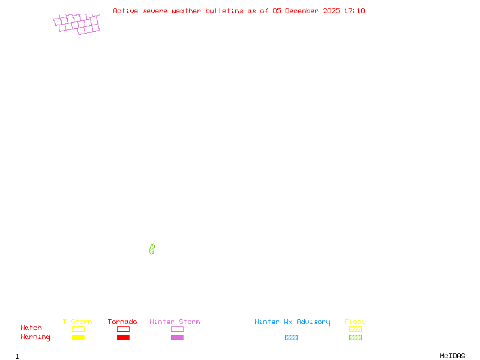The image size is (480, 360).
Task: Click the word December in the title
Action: (304, 11)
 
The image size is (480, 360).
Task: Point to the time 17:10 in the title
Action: (355, 11)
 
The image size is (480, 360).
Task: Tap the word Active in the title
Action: (125, 11)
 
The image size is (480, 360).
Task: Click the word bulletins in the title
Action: (224, 11)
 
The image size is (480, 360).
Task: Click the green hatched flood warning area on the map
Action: (152, 249)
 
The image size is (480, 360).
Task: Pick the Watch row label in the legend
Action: (31, 328)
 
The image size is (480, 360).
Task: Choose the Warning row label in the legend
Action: (35, 337)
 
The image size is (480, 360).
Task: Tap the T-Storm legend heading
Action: (77, 322)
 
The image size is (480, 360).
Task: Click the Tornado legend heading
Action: (122, 322)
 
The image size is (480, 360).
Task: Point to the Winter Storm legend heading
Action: (175, 322)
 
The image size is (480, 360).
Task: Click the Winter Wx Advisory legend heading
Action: (292, 322)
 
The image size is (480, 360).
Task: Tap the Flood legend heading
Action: (355, 322)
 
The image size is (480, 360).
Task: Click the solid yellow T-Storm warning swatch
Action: (78, 337)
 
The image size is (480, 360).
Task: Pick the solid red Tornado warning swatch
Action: (123, 337)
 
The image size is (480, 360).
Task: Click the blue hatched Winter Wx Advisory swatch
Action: (291, 337)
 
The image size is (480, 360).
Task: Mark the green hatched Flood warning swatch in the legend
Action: (355, 337)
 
